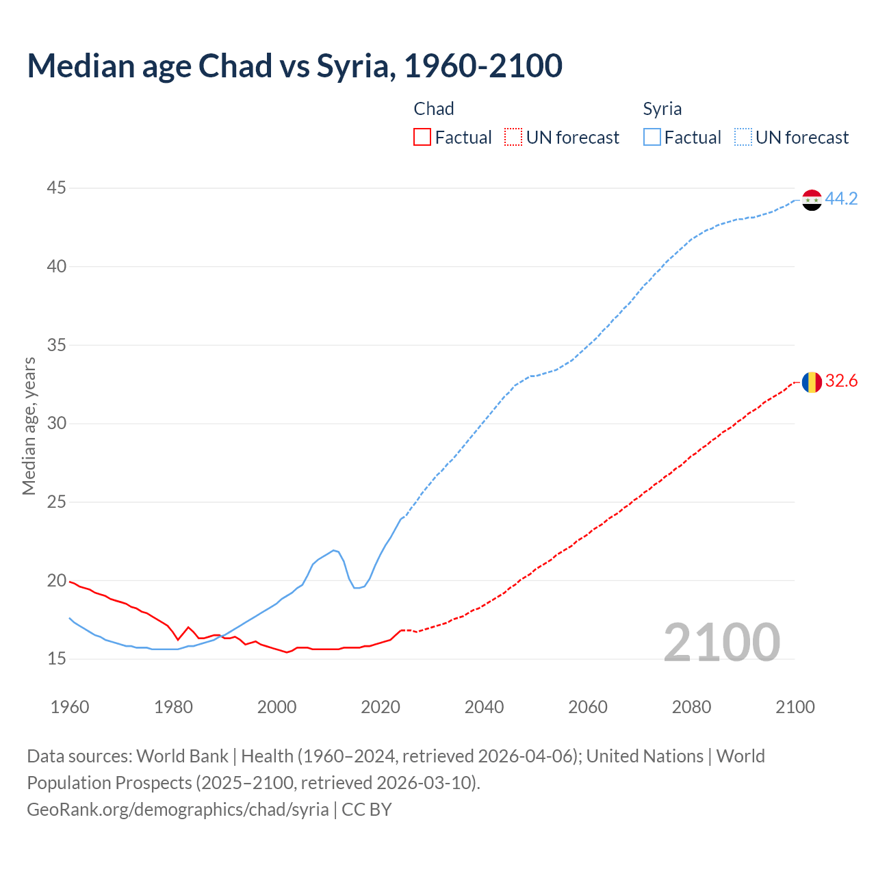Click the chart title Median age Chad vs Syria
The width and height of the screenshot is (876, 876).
coord(294,66)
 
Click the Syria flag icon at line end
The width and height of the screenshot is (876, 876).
coord(812,200)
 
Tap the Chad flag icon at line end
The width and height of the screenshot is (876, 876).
coord(812,382)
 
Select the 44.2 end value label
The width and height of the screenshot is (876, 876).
coord(841,199)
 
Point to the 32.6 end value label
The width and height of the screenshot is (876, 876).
coord(841,381)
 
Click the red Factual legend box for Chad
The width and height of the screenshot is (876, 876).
coord(422,138)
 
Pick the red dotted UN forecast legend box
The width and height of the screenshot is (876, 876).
coord(513,138)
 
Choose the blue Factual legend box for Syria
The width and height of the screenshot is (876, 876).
coord(652,138)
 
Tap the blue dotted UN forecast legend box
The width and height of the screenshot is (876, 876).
coord(743,138)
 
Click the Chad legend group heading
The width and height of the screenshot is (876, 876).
coord(434,109)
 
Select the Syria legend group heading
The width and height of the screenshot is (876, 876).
coord(662,109)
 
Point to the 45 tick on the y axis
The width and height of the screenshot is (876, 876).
coord(57,188)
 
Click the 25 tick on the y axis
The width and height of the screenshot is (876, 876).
coord(57,502)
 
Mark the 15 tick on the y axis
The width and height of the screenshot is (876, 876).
coord(57,658)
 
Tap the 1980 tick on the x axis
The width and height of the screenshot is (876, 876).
coord(173,707)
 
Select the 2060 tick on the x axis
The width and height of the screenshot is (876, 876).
coord(588,707)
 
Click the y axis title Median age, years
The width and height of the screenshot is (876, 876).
coord(29,426)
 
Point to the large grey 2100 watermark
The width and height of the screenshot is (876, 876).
coord(721,642)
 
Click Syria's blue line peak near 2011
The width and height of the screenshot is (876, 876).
coord(333,550)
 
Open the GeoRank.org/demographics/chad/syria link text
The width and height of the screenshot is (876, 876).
coord(178,810)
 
